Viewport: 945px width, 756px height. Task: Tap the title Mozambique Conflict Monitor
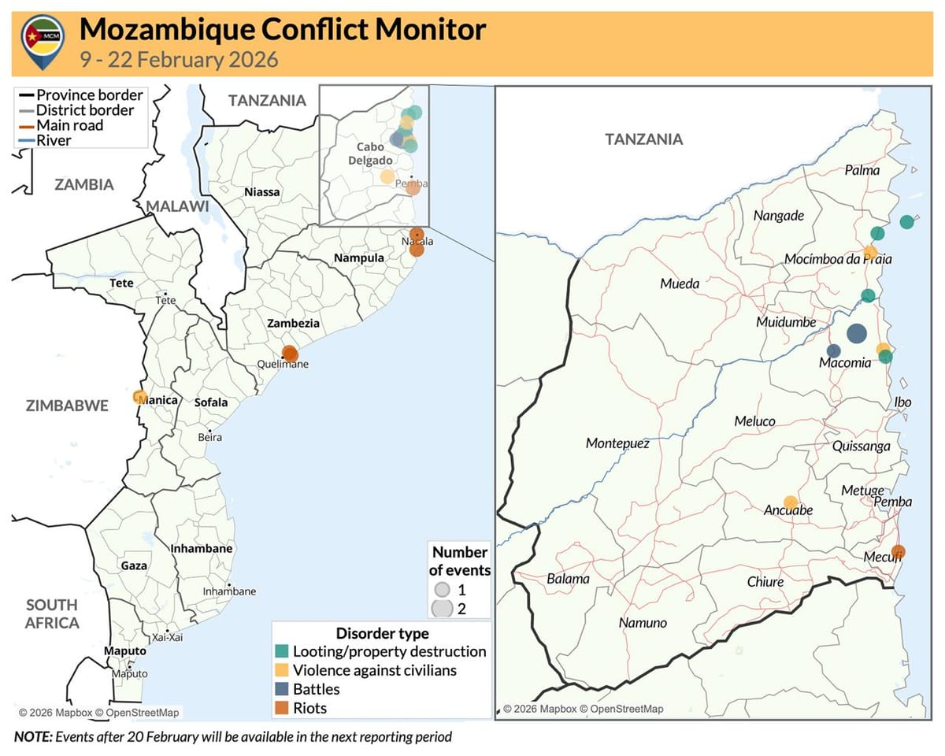(283, 30)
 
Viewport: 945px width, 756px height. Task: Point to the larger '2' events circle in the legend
(443, 608)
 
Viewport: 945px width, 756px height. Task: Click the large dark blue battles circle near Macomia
(856, 333)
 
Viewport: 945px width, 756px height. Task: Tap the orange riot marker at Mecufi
(898, 552)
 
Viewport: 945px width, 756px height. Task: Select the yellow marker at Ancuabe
(791, 502)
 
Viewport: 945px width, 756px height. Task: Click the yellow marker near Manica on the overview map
(140, 397)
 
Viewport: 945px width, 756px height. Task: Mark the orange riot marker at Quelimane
(290, 354)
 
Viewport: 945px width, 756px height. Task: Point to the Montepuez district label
(617, 444)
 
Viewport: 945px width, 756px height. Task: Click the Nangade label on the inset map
(778, 216)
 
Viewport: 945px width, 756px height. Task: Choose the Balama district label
(568, 579)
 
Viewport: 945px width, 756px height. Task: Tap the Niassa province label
(261, 191)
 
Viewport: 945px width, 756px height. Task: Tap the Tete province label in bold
(121, 283)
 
